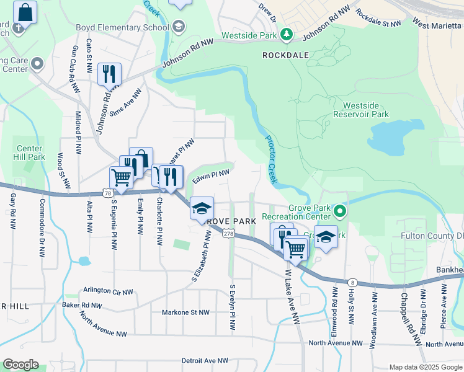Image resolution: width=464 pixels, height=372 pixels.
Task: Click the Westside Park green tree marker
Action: coord(287,35)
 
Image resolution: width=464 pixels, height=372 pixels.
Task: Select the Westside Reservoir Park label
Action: coord(361,110)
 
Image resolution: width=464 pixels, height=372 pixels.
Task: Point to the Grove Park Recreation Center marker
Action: coord(339,212)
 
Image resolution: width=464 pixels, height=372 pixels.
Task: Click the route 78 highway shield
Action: coord(109,194)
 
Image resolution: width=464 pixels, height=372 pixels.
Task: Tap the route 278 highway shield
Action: coord(228,234)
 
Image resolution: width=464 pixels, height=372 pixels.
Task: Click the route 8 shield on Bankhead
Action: coord(352,265)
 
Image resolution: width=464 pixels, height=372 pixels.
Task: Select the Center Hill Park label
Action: coord(30,153)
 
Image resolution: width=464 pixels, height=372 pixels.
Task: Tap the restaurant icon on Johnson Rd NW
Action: coord(109,74)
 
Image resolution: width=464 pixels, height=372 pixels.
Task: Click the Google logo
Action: coord(20,365)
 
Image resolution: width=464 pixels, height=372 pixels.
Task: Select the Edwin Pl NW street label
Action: coord(211,177)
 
